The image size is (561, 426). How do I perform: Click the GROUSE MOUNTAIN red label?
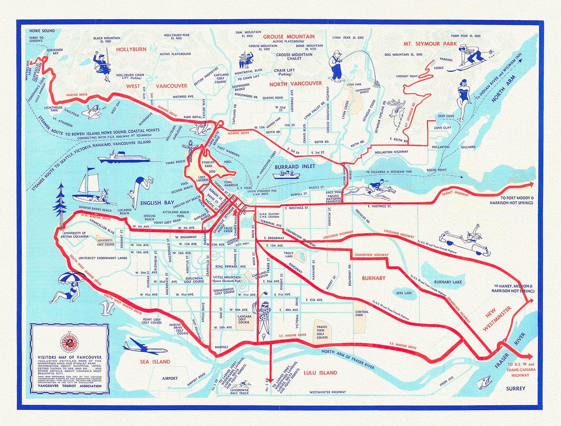[x=288, y=37]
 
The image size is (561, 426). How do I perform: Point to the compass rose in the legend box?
[x=70, y=341]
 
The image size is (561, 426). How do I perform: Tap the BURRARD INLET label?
[x=295, y=166]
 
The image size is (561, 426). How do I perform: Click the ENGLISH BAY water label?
[x=157, y=203]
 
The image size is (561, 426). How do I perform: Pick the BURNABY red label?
[x=373, y=278]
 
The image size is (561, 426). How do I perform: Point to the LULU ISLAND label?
[x=320, y=373]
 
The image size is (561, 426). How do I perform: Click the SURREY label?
[x=515, y=389]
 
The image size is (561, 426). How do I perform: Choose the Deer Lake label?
[x=404, y=293]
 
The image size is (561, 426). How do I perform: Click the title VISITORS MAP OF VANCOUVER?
[x=69, y=358]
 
